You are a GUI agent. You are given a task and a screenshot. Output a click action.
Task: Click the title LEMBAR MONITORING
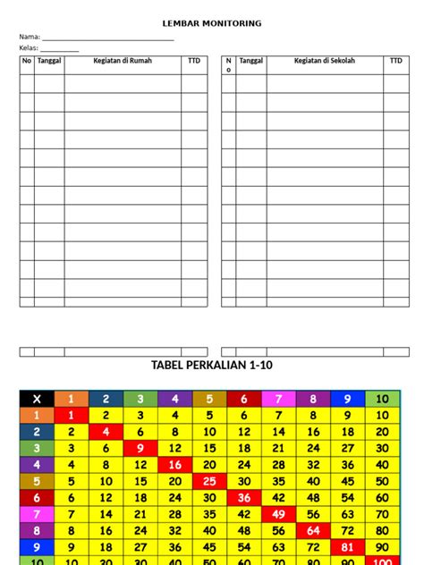coord(212,23)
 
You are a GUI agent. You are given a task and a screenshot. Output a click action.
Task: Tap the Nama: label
coord(30,38)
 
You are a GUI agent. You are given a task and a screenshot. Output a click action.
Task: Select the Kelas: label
coord(30,48)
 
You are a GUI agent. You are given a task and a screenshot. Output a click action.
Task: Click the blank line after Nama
coord(107,38)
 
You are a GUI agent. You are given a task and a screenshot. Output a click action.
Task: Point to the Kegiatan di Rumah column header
coord(123,61)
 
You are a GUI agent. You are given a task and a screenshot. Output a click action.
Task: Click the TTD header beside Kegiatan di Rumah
coord(194,61)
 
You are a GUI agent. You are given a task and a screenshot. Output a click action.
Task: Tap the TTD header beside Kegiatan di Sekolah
coord(395,61)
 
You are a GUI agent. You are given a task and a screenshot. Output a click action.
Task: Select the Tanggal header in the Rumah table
coord(49,61)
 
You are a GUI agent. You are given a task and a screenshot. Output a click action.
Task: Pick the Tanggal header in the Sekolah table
coord(251,61)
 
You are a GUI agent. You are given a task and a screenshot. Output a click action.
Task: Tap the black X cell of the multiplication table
coord(37,399)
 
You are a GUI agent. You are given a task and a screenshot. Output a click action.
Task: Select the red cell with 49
coord(278,514)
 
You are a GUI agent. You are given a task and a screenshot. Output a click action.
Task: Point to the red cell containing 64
coord(313,530)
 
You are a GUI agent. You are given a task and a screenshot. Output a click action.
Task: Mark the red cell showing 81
coord(348,547)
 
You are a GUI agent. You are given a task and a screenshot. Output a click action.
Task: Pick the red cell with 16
coord(175,465)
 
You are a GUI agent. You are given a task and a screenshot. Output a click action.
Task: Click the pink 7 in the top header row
coord(278,399)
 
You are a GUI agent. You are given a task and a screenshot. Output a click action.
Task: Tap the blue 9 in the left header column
coord(37,547)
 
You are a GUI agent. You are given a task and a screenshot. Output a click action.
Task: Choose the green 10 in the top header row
coord(383,399)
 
